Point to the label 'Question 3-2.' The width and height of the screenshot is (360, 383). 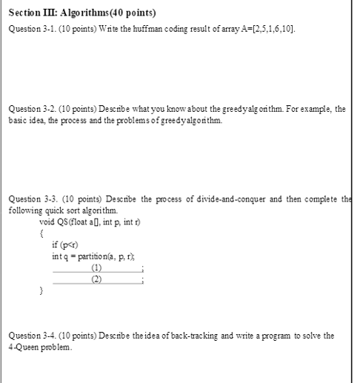pyautogui.click(x=32, y=109)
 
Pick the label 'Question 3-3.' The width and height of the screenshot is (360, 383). pyautogui.click(x=33, y=199)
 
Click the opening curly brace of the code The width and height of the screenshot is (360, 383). pyautogui.click(x=41, y=233)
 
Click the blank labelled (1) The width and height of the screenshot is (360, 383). pyautogui.click(x=97, y=267)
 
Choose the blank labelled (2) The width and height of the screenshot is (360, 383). pyautogui.click(x=97, y=279)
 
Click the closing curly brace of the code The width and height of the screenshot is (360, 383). pyautogui.click(x=41, y=291)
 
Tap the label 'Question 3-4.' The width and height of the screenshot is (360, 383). pyautogui.click(x=32, y=336)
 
